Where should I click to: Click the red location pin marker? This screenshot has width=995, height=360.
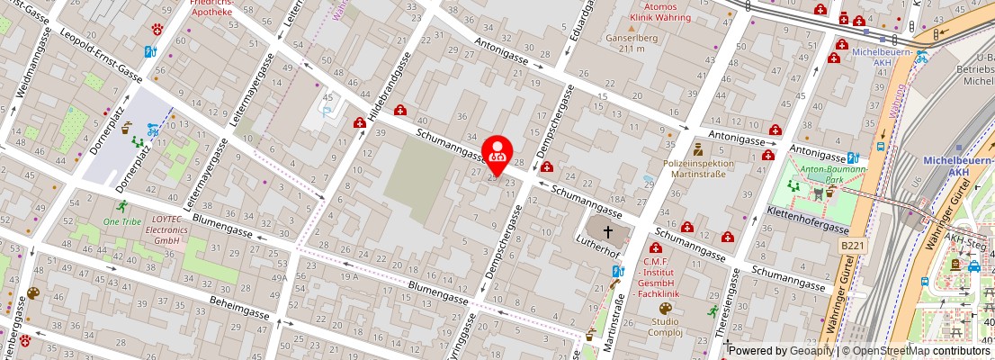497,154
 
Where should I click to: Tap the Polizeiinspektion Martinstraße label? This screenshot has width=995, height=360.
698,168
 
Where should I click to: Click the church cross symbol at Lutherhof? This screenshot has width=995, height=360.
608,231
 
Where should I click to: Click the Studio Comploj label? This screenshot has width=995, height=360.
665,327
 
